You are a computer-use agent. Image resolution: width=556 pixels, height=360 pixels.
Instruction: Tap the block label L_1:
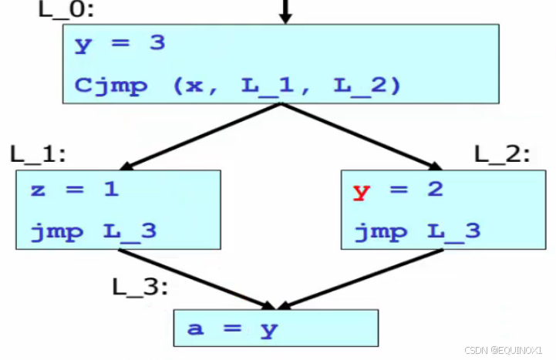(38, 153)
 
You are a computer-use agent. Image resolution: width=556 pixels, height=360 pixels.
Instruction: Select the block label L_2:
(502, 153)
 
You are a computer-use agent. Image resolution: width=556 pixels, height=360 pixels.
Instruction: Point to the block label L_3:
(140, 288)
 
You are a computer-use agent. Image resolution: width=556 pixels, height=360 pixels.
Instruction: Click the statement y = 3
(120, 43)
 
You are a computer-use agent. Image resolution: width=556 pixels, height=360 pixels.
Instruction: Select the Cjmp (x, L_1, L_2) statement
(238, 84)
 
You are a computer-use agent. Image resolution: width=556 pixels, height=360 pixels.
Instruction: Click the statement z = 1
(75, 189)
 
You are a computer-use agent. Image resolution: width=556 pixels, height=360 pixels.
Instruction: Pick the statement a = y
(232, 329)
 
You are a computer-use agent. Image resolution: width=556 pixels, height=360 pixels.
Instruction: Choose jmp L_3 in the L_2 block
(417, 230)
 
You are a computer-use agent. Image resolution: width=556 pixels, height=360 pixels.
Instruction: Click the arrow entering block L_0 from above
(285, 11)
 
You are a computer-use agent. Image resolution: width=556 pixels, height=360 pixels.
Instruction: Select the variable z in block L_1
(37, 190)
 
